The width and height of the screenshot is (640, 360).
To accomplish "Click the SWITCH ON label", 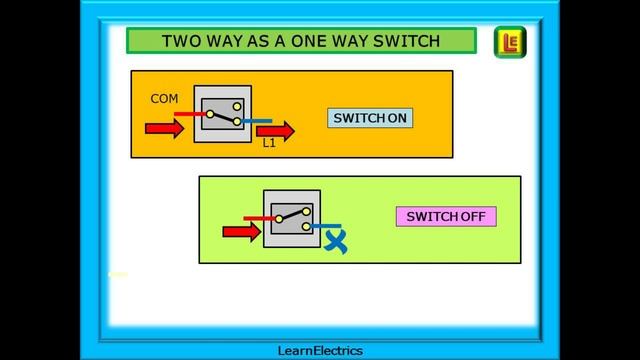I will pyautogui.click(x=370, y=118).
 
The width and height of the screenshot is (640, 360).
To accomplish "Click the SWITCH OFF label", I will pyautogui.click(x=445, y=216).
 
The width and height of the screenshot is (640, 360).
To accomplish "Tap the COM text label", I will pyautogui.click(x=164, y=99).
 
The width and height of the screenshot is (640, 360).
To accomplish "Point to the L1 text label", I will pyautogui.click(x=269, y=144).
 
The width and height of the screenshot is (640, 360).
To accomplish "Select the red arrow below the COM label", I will pyautogui.click(x=165, y=129).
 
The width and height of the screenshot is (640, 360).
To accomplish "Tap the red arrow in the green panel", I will pyautogui.click(x=240, y=232).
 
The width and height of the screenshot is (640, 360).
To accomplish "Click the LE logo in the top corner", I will pyautogui.click(x=511, y=42).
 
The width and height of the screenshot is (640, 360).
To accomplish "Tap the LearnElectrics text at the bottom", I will pyautogui.click(x=320, y=350).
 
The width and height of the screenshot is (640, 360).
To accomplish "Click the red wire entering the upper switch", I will pyautogui.click(x=189, y=114).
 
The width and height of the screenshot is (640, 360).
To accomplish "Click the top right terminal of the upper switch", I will pyautogui.click(x=237, y=104).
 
